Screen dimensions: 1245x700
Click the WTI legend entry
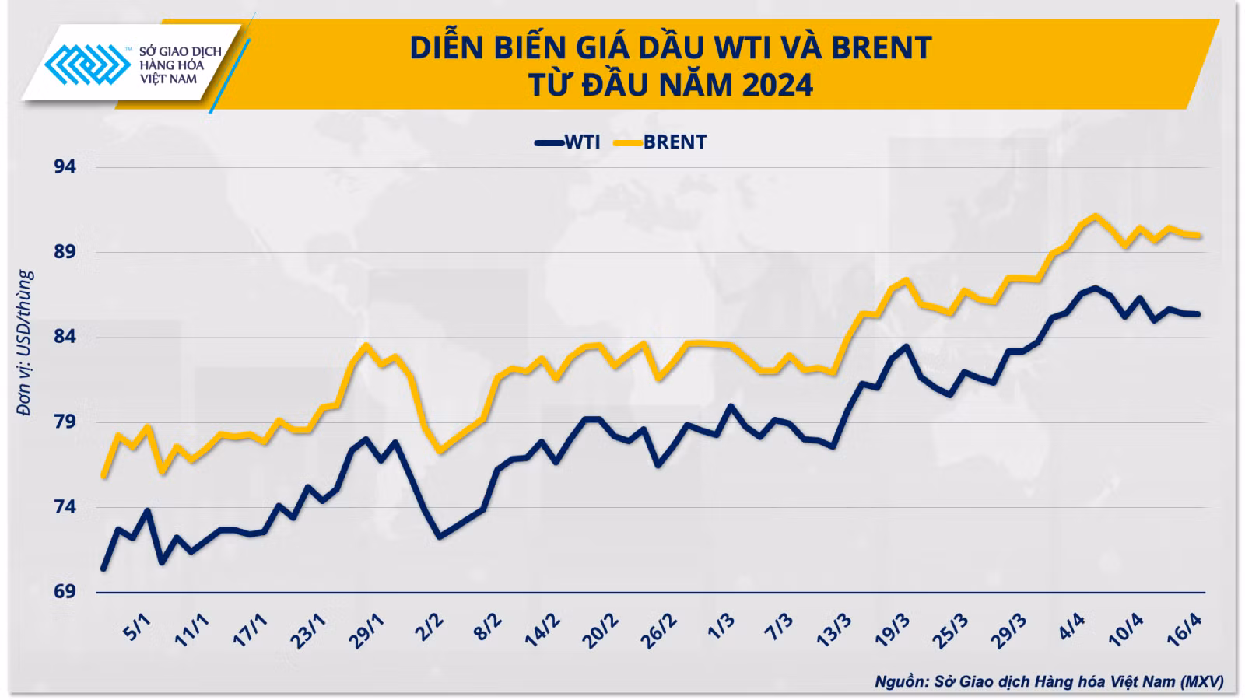tap(568, 142)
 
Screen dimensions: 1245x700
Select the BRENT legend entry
tap(661, 142)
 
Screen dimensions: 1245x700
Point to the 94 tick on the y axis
tap(65, 166)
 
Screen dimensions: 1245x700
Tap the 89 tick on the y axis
tap(65, 252)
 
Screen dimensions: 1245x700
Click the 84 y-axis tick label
tap(65, 337)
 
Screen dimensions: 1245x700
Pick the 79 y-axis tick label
tap(65, 422)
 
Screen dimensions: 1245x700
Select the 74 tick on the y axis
tap(65, 507)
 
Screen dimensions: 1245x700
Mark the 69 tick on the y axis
tap(65, 592)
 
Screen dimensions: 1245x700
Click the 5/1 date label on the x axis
tap(137, 627)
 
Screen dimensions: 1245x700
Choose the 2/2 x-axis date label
tap(430, 627)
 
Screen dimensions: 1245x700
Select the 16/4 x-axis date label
tap(1184, 630)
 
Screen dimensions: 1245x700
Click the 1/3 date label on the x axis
tap(721, 627)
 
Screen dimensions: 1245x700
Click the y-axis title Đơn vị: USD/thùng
tap(25, 343)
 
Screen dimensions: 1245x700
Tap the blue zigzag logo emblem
tap(87, 65)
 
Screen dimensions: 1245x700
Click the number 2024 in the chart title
tap(777, 86)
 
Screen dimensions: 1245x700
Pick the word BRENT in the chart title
tap(881, 47)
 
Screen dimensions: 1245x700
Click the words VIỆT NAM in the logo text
tap(168, 79)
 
